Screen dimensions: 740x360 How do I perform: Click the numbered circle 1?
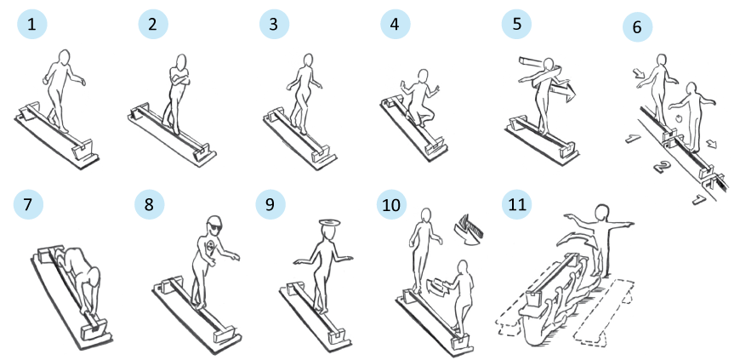[32, 24]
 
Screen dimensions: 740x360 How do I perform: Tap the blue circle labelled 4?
[396, 24]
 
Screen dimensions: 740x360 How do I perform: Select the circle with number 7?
[28, 204]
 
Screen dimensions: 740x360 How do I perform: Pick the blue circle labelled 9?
[270, 204]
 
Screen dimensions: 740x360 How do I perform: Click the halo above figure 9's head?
[329, 222]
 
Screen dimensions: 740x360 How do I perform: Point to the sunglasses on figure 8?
[213, 226]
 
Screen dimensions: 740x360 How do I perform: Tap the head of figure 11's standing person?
[602, 212]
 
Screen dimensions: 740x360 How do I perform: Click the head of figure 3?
[308, 60]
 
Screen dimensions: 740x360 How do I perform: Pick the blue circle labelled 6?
[637, 27]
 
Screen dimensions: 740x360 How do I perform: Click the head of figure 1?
[64, 56]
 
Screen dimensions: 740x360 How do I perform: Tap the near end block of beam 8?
[222, 335]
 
